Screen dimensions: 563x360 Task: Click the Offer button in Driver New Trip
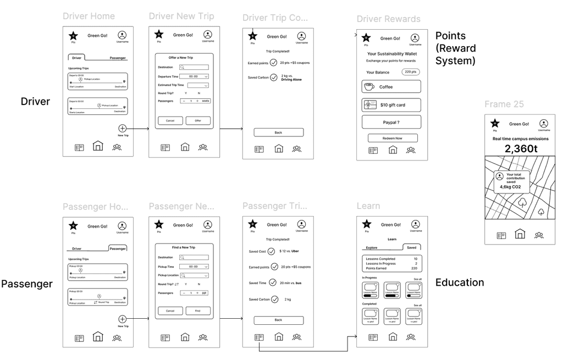[198, 121]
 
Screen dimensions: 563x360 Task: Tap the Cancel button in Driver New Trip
[170, 121]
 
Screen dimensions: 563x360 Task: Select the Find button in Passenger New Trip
[198, 311]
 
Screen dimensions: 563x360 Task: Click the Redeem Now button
[393, 138]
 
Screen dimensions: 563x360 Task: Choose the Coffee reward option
[391, 87]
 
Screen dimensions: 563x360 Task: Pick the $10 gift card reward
[391, 104]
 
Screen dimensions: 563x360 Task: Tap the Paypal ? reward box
[391, 122]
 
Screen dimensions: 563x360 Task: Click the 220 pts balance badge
[410, 72]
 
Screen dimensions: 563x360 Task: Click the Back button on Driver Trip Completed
[278, 132]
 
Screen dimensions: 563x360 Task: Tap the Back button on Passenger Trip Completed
[278, 320]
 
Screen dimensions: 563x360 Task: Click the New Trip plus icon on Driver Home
[123, 128]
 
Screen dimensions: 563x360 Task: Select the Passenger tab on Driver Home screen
[118, 58]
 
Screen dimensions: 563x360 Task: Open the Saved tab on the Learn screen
[411, 248]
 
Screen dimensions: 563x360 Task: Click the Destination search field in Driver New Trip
[194, 67]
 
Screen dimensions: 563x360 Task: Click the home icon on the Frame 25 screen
[519, 235]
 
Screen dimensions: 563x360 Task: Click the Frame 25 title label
[504, 104]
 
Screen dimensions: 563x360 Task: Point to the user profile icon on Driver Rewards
[415, 38]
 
